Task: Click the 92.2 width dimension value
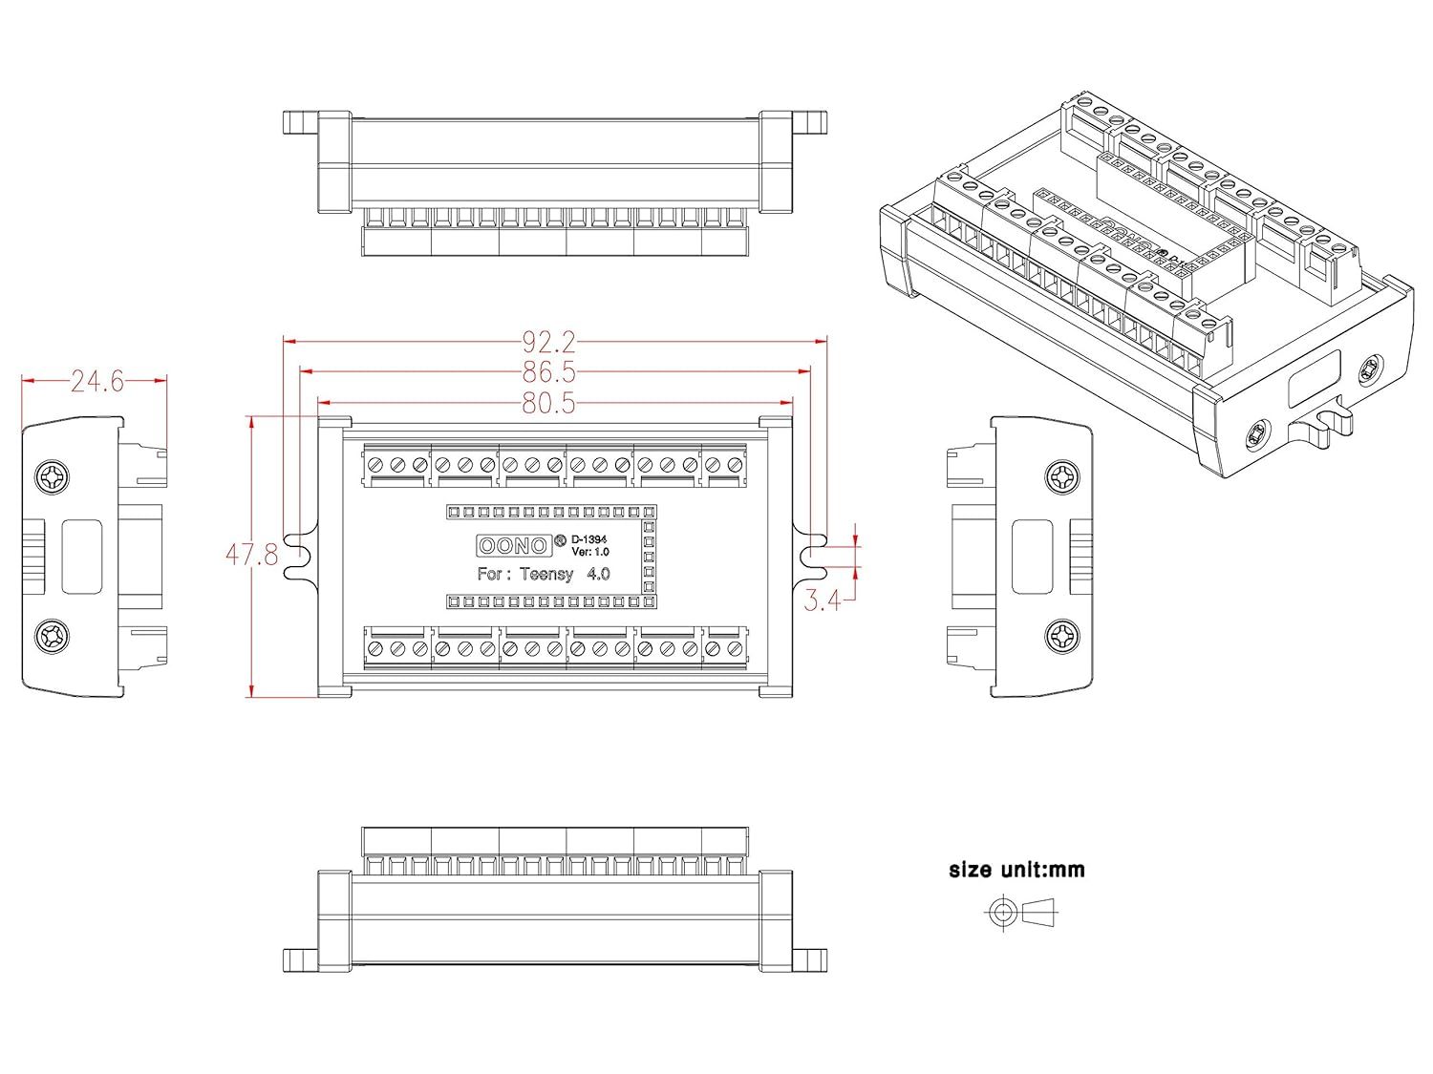[549, 341]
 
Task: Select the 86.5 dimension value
[549, 371]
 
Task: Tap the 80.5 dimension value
[549, 403]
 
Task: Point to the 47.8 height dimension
[252, 555]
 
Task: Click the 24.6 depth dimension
[97, 382]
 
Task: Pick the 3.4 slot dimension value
[823, 600]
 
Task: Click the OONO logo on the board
[512, 545]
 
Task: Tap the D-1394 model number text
[588, 539]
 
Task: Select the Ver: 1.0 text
[590, 552]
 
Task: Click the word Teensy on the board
[546, 574]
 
